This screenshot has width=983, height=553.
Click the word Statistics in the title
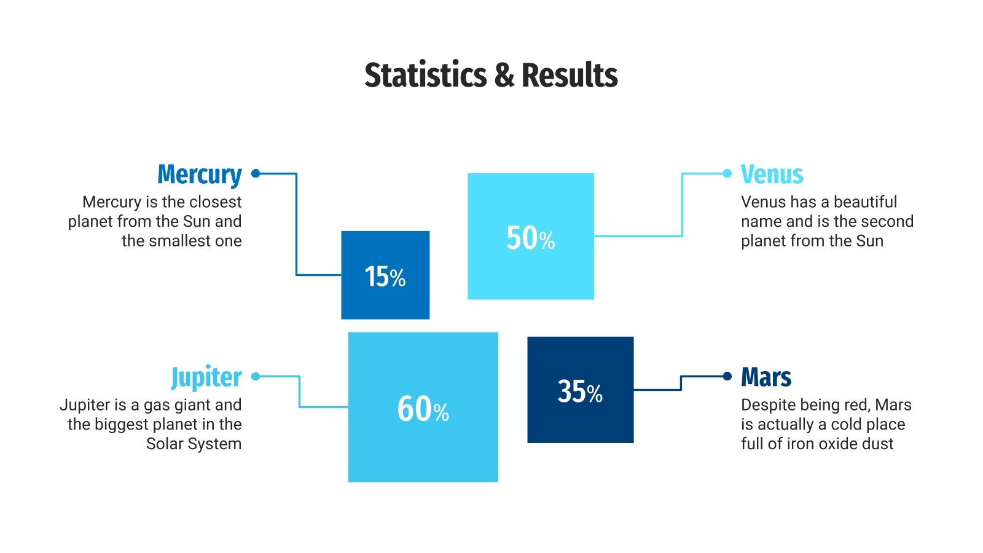pyautogui.click(x=425, y=75)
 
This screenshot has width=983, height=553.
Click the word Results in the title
pyautogui.click(x=570, y=75)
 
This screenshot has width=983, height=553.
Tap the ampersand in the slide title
pyautogui.click(x=504, y=75)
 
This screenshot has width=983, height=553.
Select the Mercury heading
pyautogui.click(x=200, y=175)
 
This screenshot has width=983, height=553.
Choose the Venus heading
pyautogui.click(x=772, y=175)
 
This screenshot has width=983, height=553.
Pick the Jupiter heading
pyautogui.click(x=206, y=377)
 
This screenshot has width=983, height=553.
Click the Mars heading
pyautogui.click(x=766, y=377)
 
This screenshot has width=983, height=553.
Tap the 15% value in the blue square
pyautogui.click(x=385, y=276)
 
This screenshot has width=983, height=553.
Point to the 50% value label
pyautogui.click(x=530, y=238)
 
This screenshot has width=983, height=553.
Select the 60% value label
pyautogui.click(x=423, y=409)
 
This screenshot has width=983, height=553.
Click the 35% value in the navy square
pyautogui.click(x=580, y=391)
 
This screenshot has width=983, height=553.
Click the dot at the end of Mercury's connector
pyautogui.click(x=256, y=173)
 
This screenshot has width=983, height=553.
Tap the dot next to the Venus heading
pyautogui.click(x=727, y=173)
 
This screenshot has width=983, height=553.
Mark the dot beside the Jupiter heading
pyautogui.click(x=256, y=376)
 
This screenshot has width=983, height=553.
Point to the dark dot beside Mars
pyautogui.click(x=727, y=376)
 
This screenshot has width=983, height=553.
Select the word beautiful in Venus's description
pyautogui.click(x=865, y=202)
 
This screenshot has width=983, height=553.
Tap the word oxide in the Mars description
pyautogui.click(x=837, y=444)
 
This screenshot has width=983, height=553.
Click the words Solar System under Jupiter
pyautogui.click(x=194, y=444)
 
